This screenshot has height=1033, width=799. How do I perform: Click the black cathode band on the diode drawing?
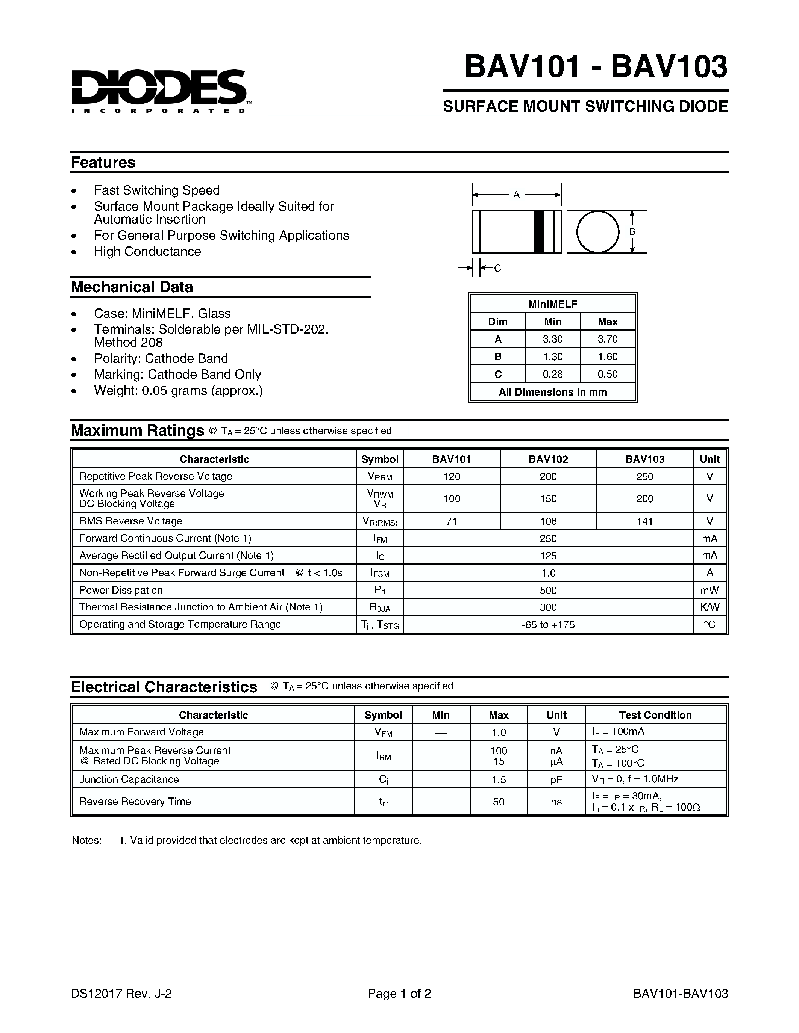tap(539, 232)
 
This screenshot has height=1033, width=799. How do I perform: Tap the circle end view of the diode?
tap(598, 232)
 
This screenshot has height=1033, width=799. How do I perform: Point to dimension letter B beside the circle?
tap(632, 232)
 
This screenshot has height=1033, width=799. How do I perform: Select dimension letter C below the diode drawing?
tap(497, 268)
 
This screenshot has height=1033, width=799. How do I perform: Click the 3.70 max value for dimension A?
tap(608, 339)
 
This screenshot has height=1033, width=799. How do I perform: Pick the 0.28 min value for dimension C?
tap(552, 374)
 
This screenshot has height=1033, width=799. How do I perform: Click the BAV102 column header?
tap(548, 459)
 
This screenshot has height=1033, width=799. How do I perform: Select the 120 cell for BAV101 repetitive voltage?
tap(452, 476)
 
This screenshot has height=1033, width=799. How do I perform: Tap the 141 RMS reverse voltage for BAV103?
tap(645, 521)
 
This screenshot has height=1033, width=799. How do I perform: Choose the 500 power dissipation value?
tap(548, 590)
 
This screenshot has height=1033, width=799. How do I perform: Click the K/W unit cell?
tap(710, 607)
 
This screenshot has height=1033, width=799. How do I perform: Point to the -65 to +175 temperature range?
tap(548, 625)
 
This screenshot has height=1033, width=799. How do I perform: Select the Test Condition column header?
tap(655, 715)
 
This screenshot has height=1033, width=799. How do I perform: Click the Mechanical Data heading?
tap(132, 287)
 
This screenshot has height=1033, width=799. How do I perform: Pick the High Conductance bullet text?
tap(147, 252)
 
